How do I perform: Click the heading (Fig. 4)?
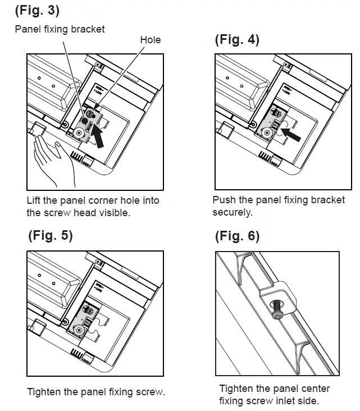pyautogui.click(x=237, y=40)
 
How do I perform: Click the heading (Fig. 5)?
pyautogui.click(x=51, y=236)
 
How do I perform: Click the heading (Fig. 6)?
pyautogui.click(x=237, y=236)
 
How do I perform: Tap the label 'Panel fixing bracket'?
pyautogui.click(x=60, y=29)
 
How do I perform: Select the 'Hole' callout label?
pyautogui.click(x=150, y=39)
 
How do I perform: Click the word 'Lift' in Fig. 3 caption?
pyautogui.click(x=35, y=200)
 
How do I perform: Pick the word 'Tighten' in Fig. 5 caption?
pyautogui.click(x=44, y=391)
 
